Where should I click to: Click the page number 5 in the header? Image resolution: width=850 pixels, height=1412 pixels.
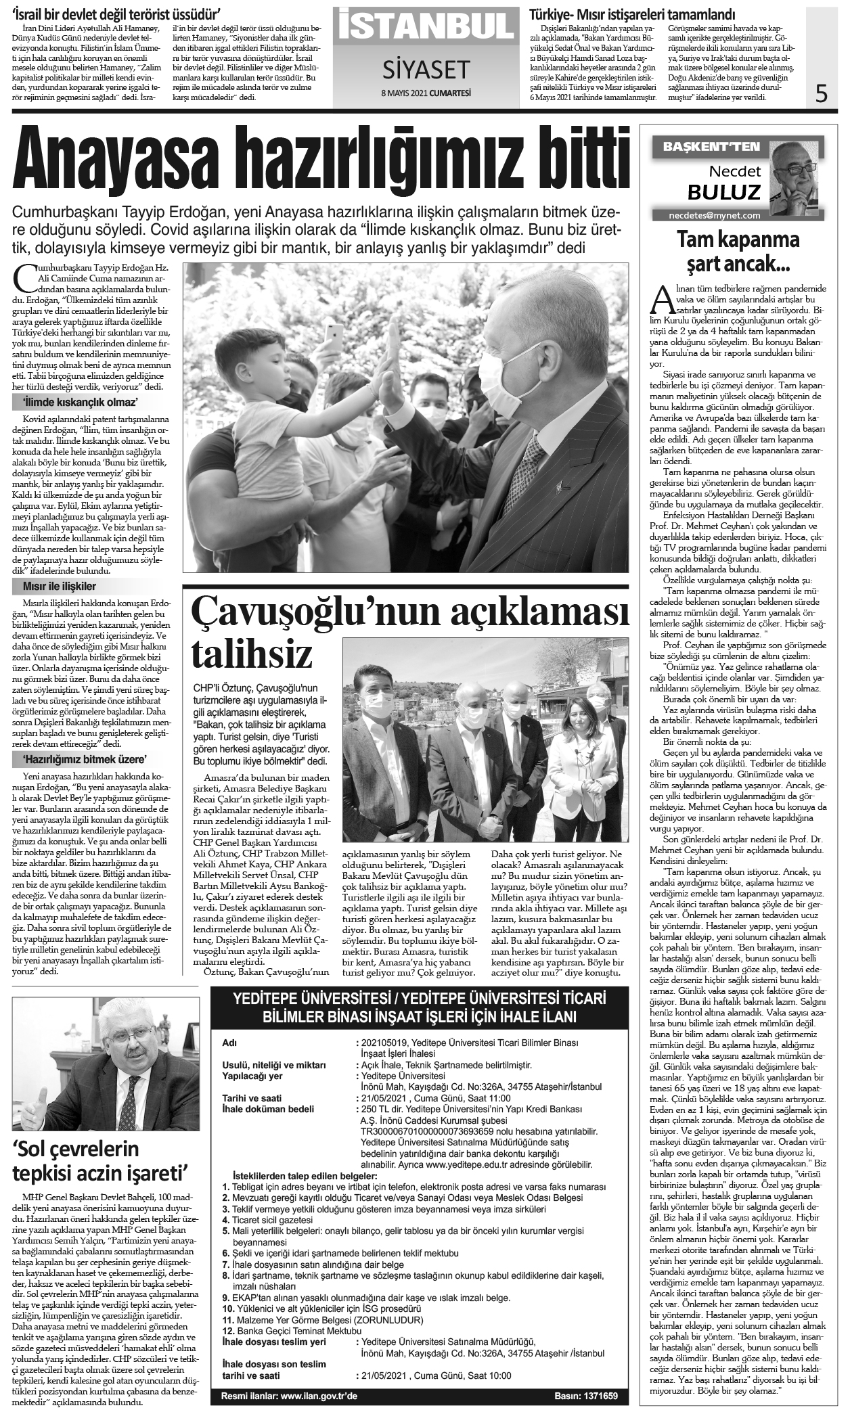(x=821, y=92)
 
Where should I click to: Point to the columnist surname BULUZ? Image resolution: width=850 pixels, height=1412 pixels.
(x=724, y=193)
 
